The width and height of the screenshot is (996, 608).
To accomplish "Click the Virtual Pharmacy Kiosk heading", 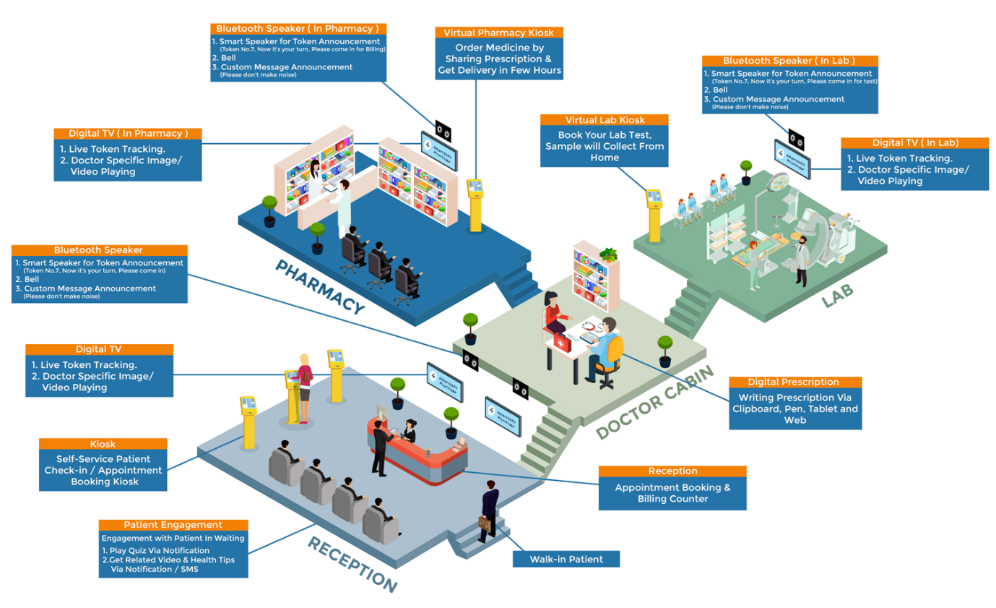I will point(498,33).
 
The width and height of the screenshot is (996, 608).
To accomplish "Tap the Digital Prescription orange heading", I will point(794,382).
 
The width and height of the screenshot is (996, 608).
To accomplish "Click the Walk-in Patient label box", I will point(566,559).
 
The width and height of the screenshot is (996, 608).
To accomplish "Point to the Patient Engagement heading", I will point(173,525).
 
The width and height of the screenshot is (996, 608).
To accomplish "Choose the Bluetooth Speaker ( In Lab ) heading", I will point(789,61).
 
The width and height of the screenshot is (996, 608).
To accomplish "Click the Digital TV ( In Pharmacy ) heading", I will point(128,134).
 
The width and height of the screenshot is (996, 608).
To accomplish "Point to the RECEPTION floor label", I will point(352,565).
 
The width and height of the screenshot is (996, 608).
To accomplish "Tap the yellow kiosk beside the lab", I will point(654,214).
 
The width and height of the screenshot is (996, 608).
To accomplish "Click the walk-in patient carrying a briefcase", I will point(489,510).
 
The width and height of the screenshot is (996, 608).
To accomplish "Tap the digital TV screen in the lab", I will point(792,159).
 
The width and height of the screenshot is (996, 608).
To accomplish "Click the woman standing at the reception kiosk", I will point(304,387).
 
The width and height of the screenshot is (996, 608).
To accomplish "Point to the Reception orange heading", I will point(672,471).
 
